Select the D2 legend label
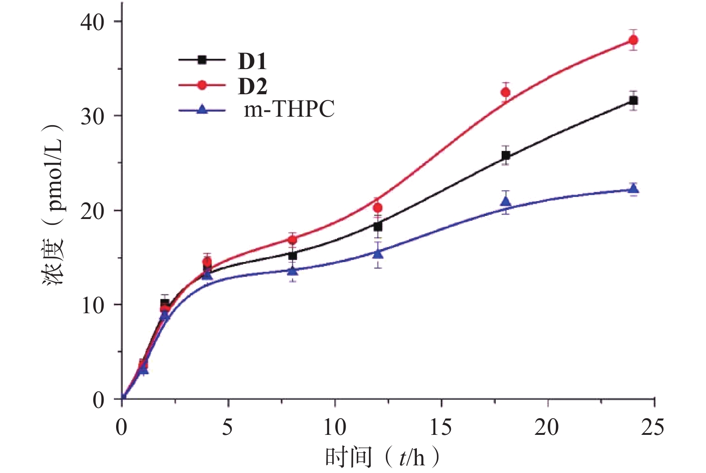[252, 86]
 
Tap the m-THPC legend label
[289, 109]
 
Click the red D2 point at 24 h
[633, 40]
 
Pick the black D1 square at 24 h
[633, 101]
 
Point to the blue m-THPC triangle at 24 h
[633, 189]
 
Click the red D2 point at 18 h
[506, 92]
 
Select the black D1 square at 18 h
[506, 156]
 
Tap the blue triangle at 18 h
[506, 201]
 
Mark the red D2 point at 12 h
[378, 207]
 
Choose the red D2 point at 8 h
[293, 239]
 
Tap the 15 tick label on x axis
[441, 427]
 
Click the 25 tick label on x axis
[652, 427]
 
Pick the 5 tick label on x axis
[228, 427]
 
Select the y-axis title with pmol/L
[53, 204]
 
